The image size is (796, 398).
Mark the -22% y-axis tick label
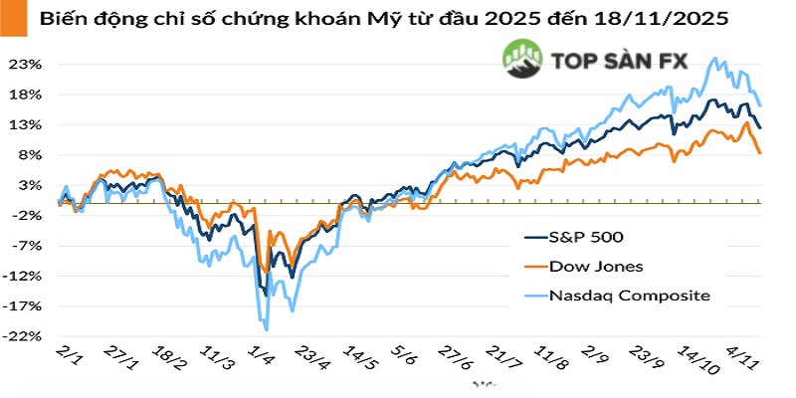click(x=23, y=337)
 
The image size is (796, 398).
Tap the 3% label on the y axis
click(x=28, y=186)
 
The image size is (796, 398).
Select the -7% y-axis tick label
click(x=25, y=246)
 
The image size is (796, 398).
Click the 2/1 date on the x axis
click(x=71, y=358)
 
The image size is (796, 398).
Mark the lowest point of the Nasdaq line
click(x=266, y=329)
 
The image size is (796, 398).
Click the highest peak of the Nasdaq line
click(x=714, y=59)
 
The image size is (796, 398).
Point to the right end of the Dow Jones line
click(x=761, y=153)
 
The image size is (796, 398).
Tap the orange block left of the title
click(x=8, y=19)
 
